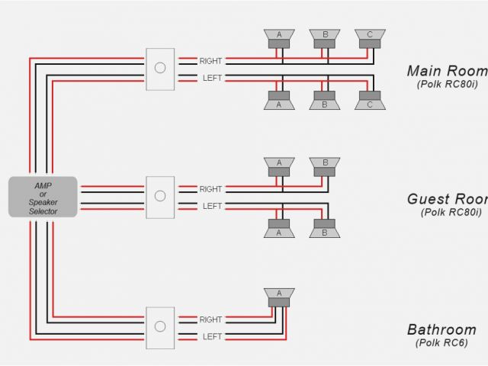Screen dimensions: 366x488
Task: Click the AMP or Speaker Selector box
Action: click(43, 196)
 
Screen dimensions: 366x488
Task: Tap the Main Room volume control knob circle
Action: click(160, 67)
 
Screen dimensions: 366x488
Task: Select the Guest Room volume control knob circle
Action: click(160, 196)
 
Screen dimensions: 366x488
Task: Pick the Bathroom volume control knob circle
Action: click(160, 326)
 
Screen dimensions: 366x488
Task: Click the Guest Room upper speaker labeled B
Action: click(325, 167)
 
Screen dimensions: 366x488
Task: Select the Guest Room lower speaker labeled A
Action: click(280, 228)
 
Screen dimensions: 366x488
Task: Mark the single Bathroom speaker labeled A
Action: click(280, 297)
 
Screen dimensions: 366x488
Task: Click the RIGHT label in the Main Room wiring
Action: click(211, 60)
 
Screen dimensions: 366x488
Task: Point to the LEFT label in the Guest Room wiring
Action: click(211, 206)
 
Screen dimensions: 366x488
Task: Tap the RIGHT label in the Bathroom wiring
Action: click(211, 320)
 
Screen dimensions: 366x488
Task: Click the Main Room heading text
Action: click(447, 71)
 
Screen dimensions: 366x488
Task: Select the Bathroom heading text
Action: click(441, 330)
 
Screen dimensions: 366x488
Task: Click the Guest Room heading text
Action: click(447, 199)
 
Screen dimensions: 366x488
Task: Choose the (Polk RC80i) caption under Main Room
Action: click(448, 85)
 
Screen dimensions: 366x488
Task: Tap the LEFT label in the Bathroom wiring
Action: click(211, 336)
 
